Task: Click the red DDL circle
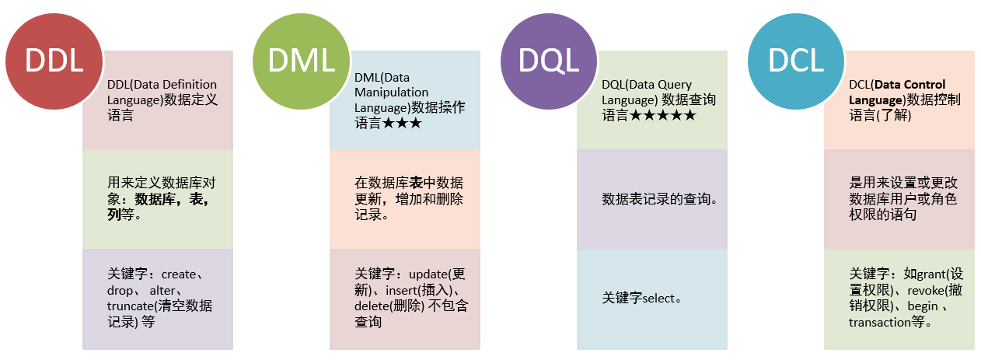(x=54, y=61)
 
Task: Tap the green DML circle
(x=301, y=61)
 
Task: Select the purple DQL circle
(x=548, y=61)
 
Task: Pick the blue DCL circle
(x=795, y=61)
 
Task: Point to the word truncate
(x=130, y=306)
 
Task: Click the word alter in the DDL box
(x=162, y=290)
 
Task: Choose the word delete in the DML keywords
(x=374, y=306)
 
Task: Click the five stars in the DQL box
(x=662, y=116)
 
